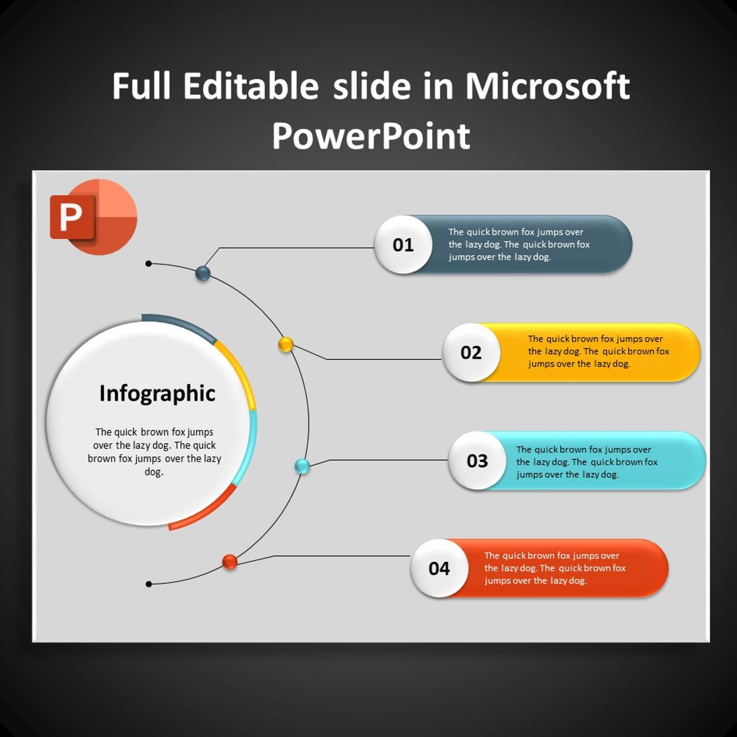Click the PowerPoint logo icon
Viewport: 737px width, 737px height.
93,217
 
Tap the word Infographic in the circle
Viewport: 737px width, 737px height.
157,394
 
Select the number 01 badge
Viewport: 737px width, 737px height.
403,245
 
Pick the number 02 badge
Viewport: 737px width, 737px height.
471,353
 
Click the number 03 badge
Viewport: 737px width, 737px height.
477,461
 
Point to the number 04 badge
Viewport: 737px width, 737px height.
439,568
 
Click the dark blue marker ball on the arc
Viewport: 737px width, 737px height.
203,273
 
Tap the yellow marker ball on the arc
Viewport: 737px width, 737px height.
286,345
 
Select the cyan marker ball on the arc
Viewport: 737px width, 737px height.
302,466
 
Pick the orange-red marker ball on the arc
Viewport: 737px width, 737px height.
230,561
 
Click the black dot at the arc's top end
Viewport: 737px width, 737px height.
149,263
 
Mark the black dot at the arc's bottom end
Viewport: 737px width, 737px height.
149,584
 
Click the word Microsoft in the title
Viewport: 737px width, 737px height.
547,87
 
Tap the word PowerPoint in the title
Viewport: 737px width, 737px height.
371,136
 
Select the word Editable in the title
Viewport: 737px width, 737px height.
251,86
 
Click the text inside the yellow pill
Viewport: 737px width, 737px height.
599,351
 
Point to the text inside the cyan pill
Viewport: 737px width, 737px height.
587,462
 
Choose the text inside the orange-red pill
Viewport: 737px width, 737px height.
555,568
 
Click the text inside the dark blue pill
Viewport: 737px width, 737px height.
519,244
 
